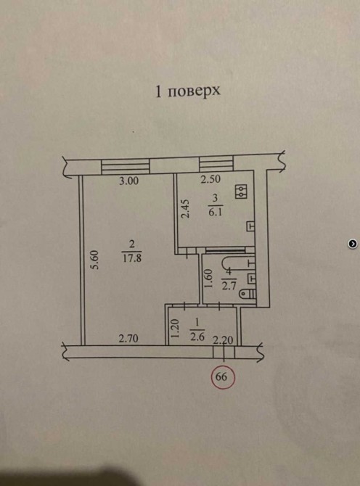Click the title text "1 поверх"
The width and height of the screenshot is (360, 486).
coord(187,91)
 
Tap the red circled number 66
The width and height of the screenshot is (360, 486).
coord(223,377)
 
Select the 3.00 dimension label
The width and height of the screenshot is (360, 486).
coord(128,181)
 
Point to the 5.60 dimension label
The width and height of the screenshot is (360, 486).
coord(96,260)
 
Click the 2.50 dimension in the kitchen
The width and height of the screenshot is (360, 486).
coord(210,179)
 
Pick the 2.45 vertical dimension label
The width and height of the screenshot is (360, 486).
coord(185,209)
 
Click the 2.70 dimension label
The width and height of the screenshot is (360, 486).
coord(128,339)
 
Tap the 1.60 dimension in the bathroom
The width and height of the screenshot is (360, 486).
coord(208,279)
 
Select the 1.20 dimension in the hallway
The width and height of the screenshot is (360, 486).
coord(176,329)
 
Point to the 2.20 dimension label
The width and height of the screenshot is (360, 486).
coord(223,340)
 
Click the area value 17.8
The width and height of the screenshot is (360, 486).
coord(132,258)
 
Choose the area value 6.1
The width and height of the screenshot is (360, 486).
coord(216,213)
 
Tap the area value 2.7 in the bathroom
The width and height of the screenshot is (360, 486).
coord(229,284)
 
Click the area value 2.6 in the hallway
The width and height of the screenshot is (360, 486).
coord(197,337)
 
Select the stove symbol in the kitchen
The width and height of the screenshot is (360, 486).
coord(241,191)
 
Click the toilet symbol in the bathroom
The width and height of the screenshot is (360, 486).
coord(248,293)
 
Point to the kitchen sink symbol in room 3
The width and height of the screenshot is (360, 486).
coord(250,226)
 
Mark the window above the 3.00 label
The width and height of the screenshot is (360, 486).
coord(126,167)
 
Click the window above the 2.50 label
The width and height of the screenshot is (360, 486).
coord(216,164)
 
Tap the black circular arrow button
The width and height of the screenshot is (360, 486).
coord(353,244)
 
